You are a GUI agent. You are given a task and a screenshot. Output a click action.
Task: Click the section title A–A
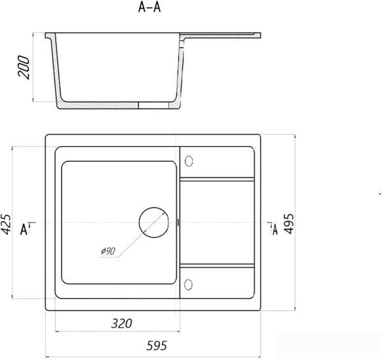click(x=149, y=7)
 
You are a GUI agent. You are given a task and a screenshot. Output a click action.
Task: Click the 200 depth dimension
click(x=24, y=67)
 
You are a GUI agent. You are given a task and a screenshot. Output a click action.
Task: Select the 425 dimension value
click(x=6, y=224)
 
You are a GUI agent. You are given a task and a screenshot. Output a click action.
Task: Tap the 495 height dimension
click(x=289, y=224)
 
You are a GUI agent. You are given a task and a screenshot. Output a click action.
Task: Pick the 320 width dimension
click(x=121, y=323)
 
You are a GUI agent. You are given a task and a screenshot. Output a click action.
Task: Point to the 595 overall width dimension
click(x=157, y=346)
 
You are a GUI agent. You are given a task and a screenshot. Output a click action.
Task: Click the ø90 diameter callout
click(x=108, y=251)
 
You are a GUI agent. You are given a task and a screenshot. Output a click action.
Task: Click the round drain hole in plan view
click(x=154, y=223)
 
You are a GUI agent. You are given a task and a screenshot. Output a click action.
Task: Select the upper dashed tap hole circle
click(x=189, y=161)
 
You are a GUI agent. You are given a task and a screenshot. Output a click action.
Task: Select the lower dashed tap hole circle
click(x=188, y=285)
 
